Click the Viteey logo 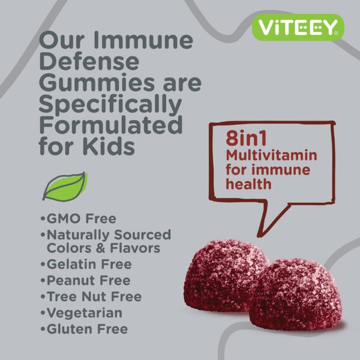(x=298, y=26)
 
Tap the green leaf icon (x=65, y=187)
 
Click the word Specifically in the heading (x=110, y=104)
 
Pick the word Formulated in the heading (x=110, y=125)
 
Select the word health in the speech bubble (x=248, y=184)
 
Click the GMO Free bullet (x=78, y=218)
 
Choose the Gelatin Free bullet (x=85, y=264)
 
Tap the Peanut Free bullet (x=85, y=280)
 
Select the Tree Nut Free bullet (x=91, y=296)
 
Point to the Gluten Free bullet (x=83, y=329)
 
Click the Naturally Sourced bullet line (x=106, y=235)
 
